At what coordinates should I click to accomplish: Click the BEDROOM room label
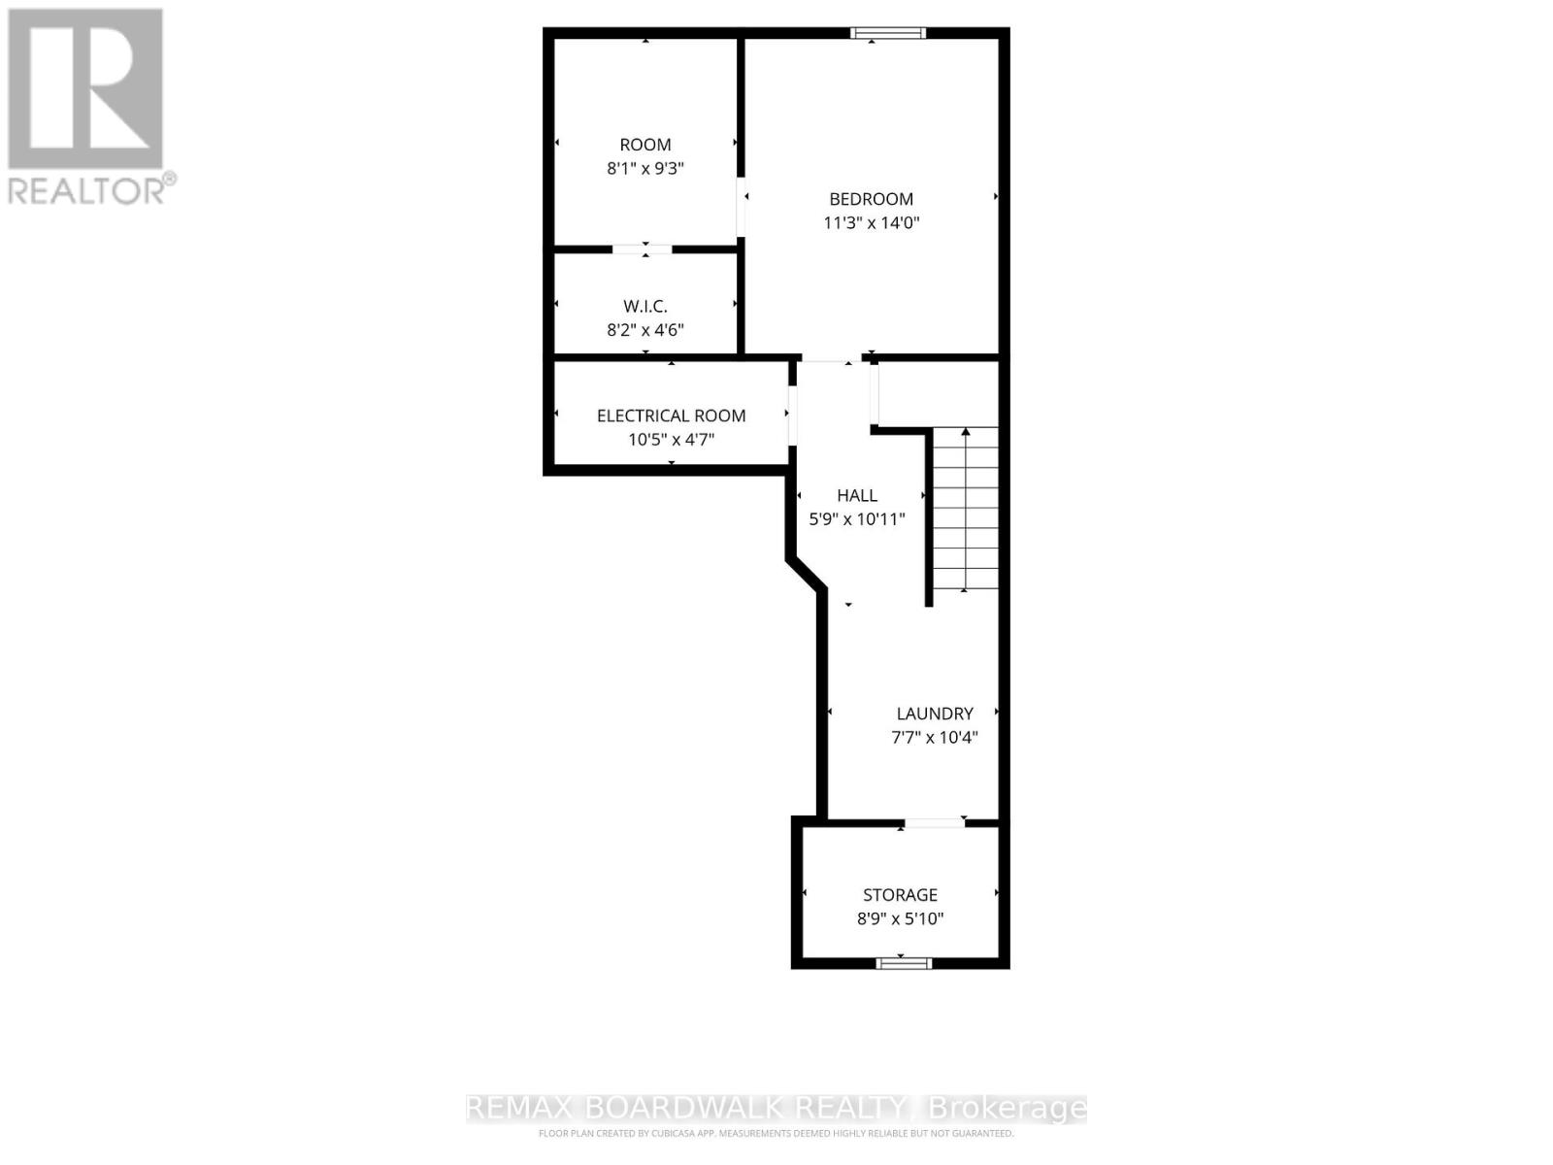tap(871, 199)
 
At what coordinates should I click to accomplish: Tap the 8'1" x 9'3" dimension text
tap(645, 168)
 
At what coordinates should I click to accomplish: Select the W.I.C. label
tap(645, 307)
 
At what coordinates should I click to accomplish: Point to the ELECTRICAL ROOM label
tap(671, 416)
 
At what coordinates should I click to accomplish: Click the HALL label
tap(856, 495)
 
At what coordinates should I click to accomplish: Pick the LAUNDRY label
tap(934, 714)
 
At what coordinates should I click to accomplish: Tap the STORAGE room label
tap(900, 895)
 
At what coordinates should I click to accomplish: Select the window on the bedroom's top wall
tap(888, 33)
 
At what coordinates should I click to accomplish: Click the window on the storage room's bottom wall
tap(904, 963)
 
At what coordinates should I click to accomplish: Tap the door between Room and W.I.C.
tap(642, 250)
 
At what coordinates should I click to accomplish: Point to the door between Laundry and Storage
tap(934, 823)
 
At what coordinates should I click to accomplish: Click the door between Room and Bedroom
tap(742, 206)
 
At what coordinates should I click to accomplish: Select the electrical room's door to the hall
tap(792, 416)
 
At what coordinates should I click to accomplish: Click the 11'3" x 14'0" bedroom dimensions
tap(871, 223)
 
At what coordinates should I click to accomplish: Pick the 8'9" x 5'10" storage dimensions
tap(900, 918)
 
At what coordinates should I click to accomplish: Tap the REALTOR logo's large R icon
tap(85, 89)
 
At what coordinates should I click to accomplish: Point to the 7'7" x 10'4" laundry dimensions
tap(934, 737)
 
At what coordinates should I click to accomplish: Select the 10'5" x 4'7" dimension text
tap(671, 439)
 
